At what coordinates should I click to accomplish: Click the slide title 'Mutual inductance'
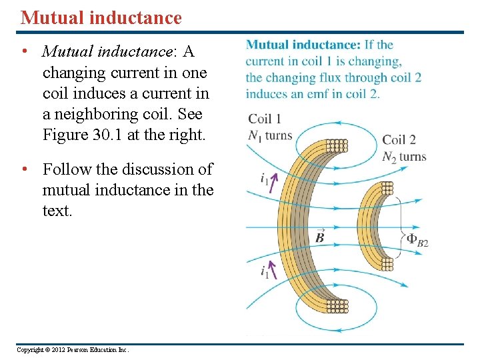[101, 18]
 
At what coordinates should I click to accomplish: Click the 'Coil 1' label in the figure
[265, 119]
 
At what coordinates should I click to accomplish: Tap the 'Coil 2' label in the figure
[399, 140]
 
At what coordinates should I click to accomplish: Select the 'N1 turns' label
[270, 135]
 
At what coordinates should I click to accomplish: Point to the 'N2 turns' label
[404, 157]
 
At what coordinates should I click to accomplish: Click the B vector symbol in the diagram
[320, 236]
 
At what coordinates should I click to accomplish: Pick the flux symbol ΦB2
[417, 241]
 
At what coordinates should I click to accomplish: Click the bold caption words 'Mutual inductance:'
[303, 45]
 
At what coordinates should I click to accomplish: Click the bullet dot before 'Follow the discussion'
[24, 169]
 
